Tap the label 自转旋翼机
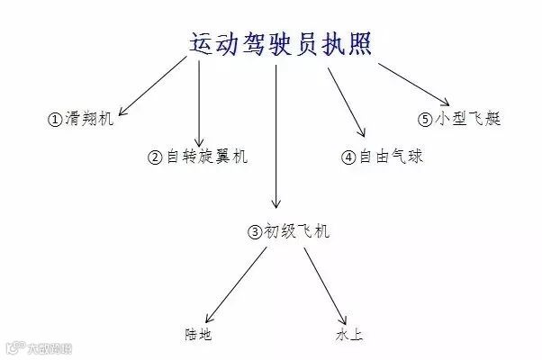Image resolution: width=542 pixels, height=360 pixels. [x=208, y=156]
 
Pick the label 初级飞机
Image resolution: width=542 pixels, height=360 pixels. [x=296, y=231]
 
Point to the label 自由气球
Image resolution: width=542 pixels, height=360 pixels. [x=391, y=157]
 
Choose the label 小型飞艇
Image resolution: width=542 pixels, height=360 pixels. [x=467, y=119]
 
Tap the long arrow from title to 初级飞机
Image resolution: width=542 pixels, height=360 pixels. [x=276, y=135]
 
